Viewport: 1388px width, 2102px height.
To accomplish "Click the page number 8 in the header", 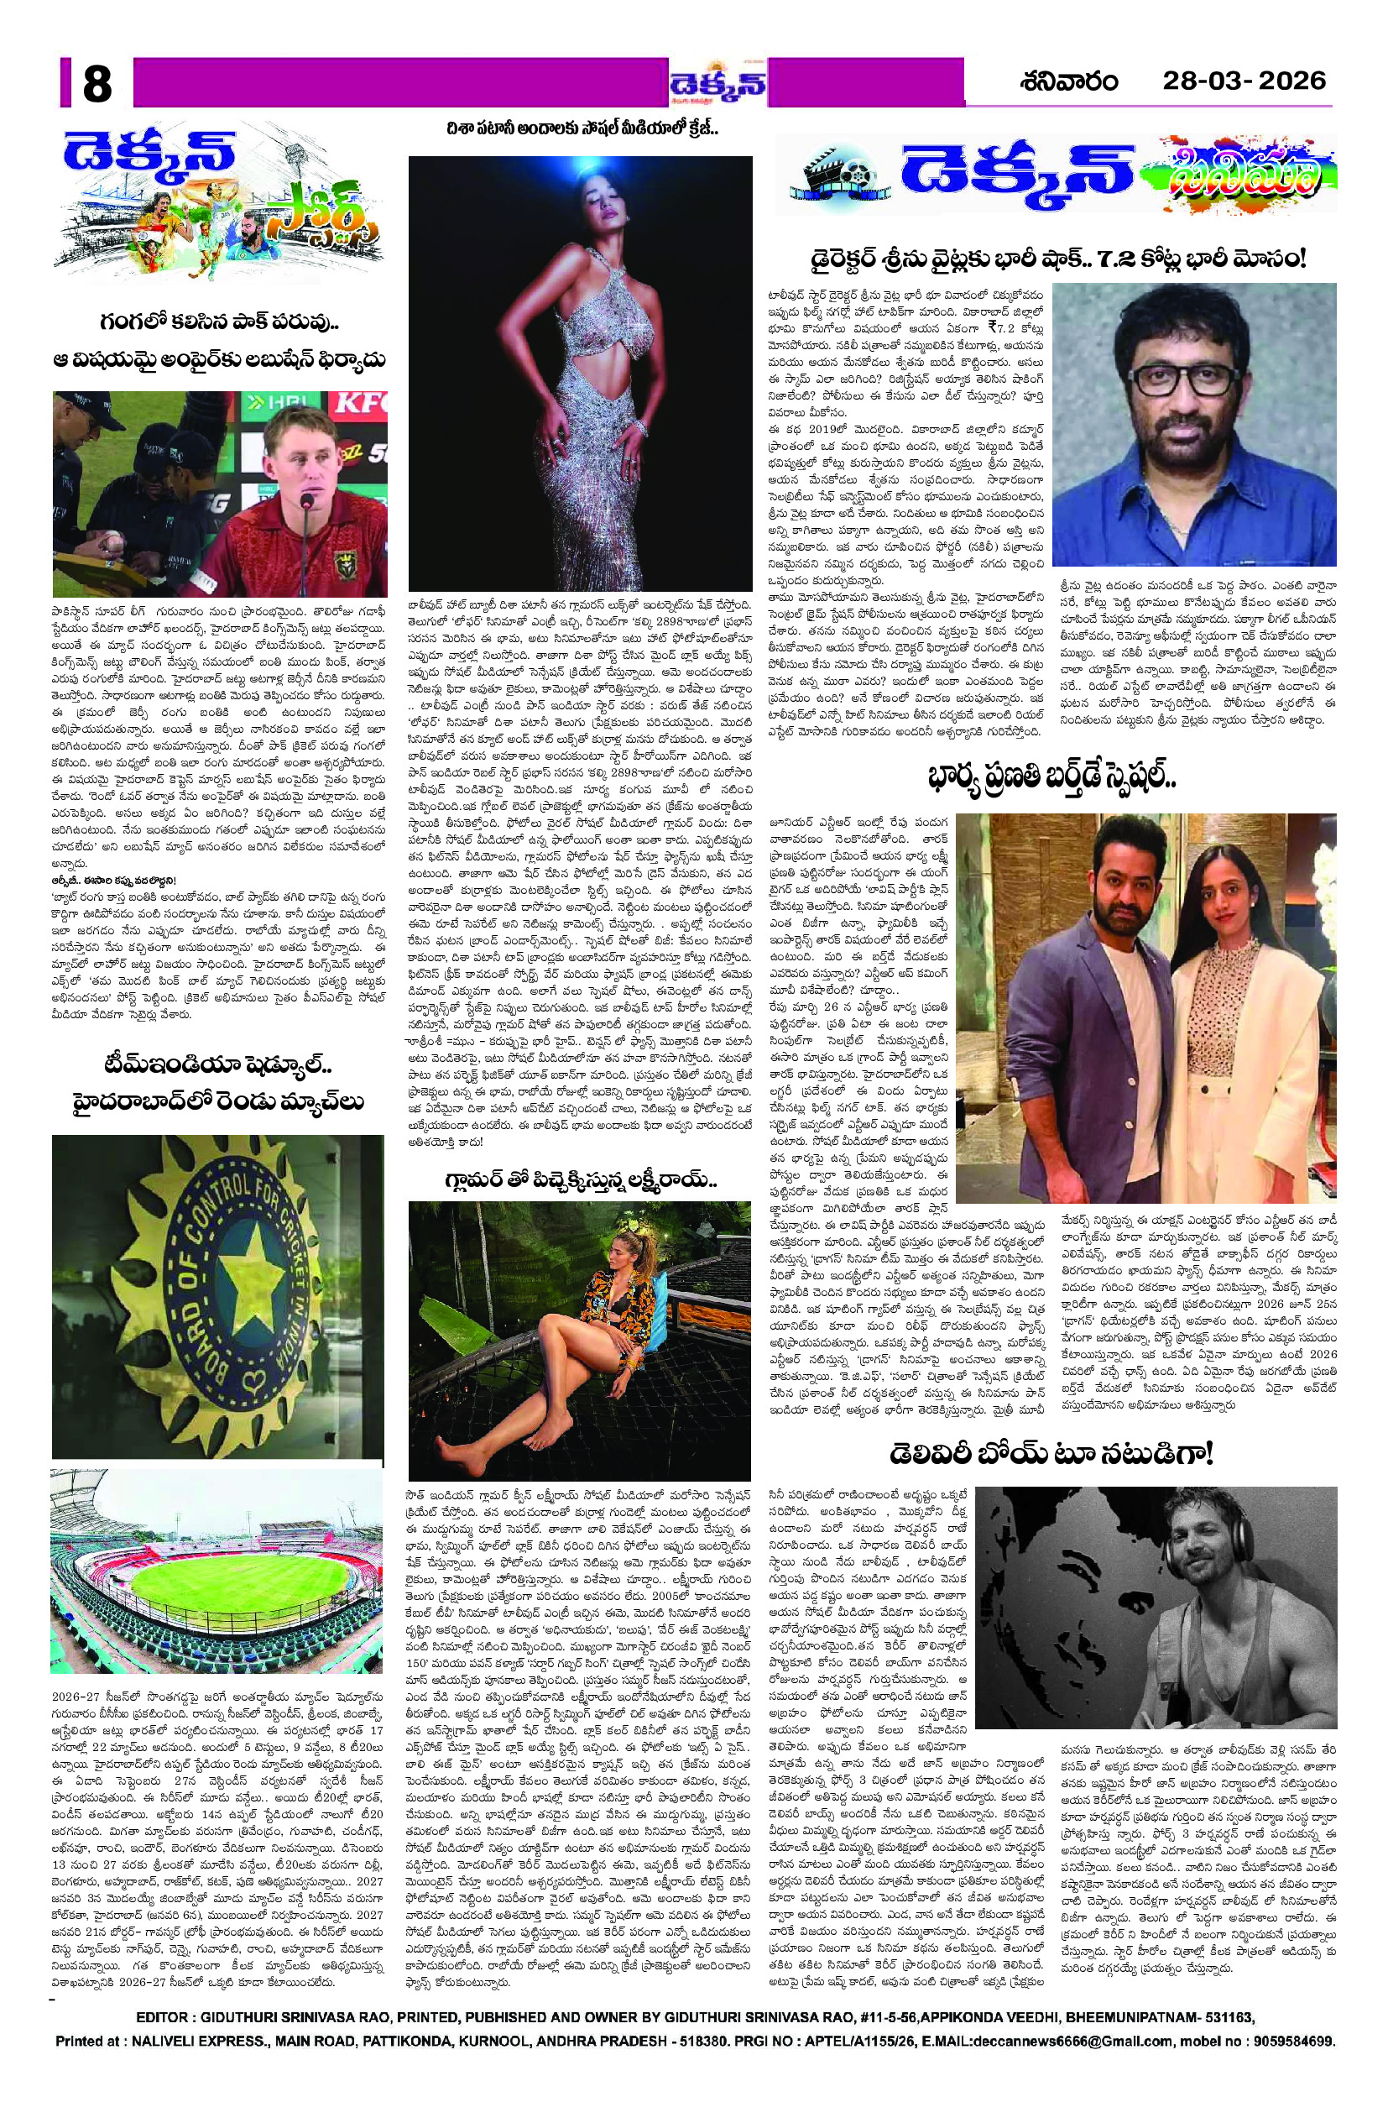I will tap(97, 86).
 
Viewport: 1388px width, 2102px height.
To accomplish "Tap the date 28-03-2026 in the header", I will tap(1244, 81).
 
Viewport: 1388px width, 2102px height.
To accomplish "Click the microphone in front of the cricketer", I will tap(306, 503).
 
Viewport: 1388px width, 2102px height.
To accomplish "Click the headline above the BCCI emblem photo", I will tap(217, 1085).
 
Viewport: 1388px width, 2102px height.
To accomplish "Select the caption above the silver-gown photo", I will tap(581, 130).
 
